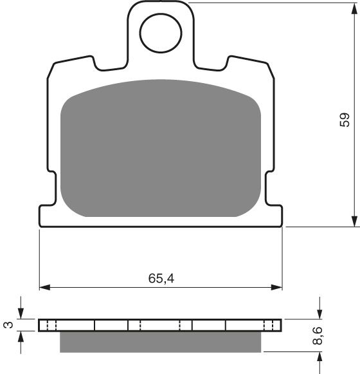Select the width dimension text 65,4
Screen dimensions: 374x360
[161, 279]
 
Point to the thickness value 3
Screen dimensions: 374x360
[8, 325]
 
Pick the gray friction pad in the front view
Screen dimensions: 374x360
[161, 148]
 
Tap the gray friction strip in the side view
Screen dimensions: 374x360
[161, 342]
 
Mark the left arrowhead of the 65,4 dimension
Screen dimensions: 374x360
[45, 286]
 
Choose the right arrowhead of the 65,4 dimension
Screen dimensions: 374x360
[277, 286]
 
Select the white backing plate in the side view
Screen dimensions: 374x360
[161, 325]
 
